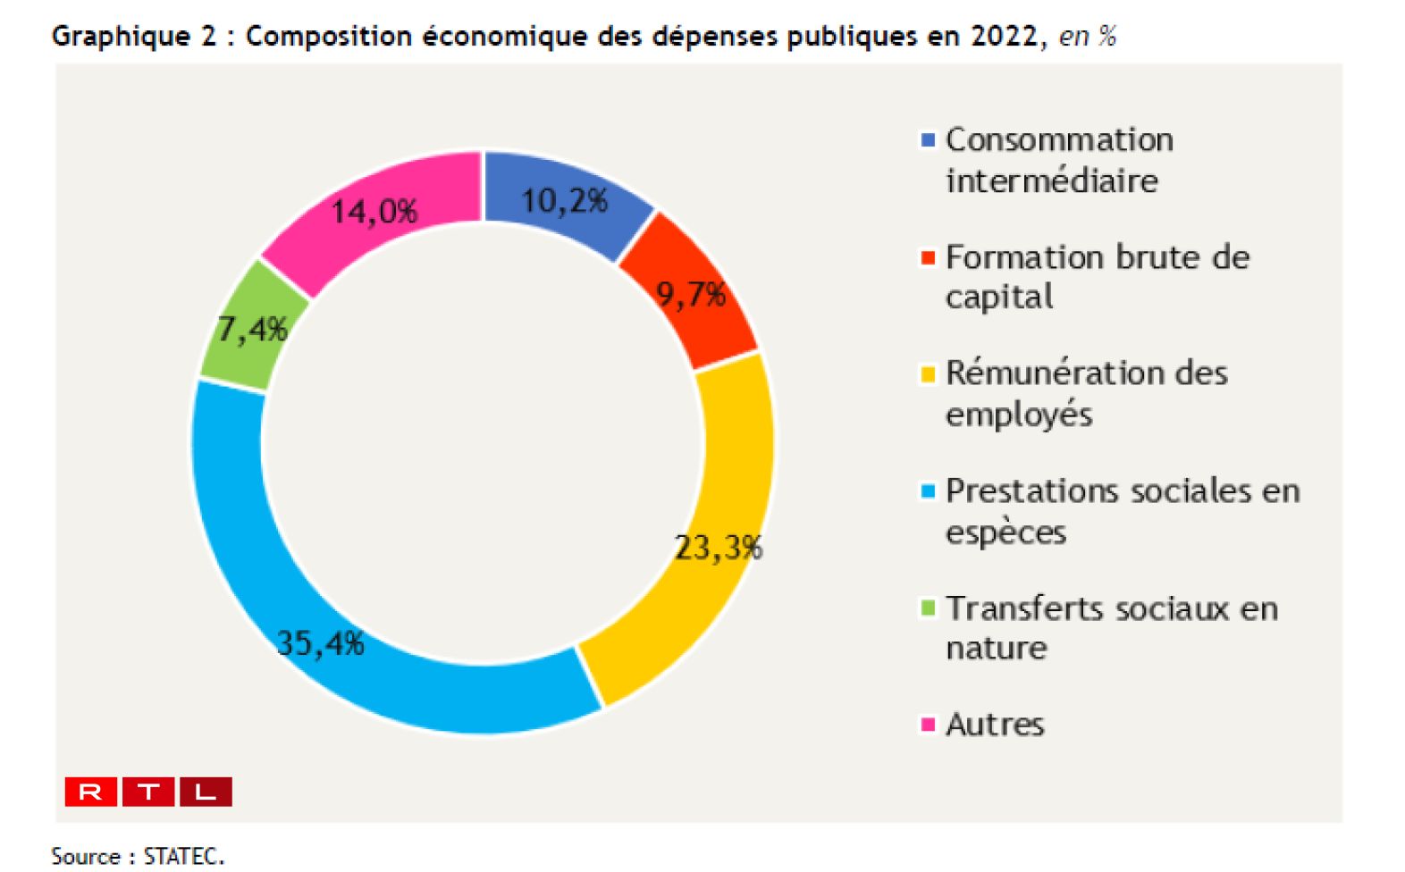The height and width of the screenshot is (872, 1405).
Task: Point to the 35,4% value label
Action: [320, 642]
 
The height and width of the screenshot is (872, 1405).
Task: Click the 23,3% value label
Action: [718, 547]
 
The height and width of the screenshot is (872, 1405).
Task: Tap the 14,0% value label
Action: [374, 212]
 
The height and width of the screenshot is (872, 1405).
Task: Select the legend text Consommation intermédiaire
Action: [1059, 160]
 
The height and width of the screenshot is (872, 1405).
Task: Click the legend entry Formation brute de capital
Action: [1097, 276]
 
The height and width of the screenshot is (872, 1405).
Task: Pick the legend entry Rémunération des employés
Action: [1086, 393]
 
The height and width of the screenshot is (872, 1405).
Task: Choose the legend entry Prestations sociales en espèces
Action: [1122, 511]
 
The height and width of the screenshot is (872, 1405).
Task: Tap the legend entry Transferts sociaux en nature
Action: [1111, 627]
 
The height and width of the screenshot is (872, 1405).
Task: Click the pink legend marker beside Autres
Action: [928, 724]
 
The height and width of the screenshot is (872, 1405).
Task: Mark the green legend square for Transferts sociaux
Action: [928, 608]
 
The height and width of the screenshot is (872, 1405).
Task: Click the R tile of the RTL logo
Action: [90, 792]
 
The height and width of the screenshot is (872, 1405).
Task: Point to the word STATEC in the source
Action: [182, 856]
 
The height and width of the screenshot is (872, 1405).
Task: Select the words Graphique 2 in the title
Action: [134, 36]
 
